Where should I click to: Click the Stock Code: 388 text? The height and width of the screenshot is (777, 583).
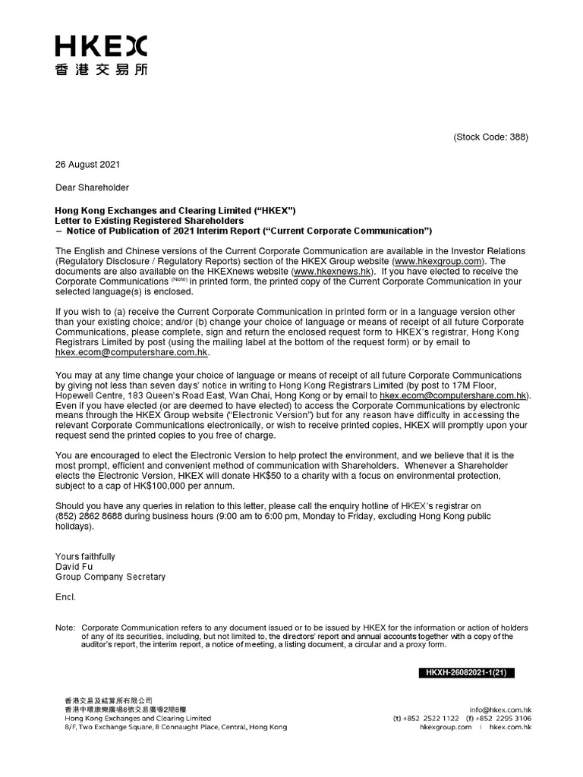[x=490, y=137]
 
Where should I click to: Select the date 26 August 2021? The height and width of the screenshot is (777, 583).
[x=87, y=165]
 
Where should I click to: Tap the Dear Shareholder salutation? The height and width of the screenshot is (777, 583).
[x=92, y=187]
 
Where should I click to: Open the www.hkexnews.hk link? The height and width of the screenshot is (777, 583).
[x=332, y=271]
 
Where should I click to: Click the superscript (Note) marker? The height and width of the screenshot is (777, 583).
[x=175, y=279]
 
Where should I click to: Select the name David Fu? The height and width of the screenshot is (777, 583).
[x=74, y=567]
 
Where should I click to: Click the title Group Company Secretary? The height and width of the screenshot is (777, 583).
[x=110, y=577]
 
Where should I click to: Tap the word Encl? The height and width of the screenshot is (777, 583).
[x=65, y=597]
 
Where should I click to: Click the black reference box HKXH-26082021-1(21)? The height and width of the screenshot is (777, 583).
[x=466, y=672]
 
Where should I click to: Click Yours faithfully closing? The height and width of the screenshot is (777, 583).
[x=85, y=557]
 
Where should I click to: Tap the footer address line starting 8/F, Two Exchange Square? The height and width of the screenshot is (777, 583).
[x=175, y=727]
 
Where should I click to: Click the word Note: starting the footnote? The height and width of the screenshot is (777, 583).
[x=65, y=628]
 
